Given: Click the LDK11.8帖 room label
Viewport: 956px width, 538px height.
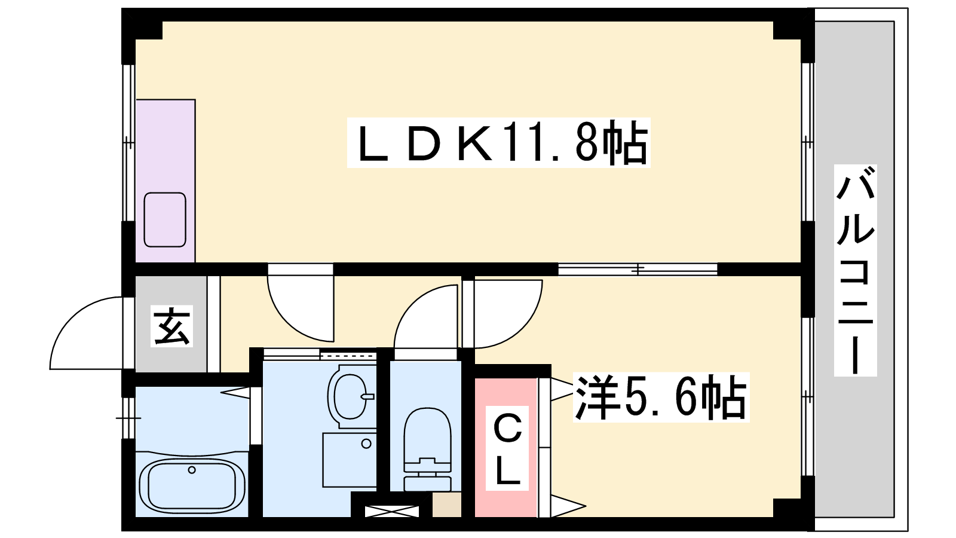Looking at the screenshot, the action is [498, 143].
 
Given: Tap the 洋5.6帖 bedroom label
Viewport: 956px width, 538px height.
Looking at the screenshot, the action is [661, 397].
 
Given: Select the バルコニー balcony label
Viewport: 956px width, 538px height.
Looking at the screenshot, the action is [855, 270].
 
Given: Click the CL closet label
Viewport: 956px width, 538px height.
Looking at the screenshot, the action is [507, 448].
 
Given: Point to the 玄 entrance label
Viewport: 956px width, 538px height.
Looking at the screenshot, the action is [171, 326].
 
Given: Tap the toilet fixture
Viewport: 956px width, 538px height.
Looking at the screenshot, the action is [427, 449].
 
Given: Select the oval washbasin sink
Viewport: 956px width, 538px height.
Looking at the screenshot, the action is [350, 396].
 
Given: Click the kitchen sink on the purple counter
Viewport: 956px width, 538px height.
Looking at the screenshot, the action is [165, 219].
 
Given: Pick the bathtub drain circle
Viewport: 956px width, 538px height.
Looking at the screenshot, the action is [192, 470].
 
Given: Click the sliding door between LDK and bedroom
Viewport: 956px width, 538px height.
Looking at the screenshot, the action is [638, 270].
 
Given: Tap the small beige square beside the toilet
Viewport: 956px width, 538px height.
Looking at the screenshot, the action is [446, 505].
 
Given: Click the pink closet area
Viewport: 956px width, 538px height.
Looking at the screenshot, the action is [506, 448].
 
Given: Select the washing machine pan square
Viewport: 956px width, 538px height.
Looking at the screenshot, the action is [349, 460].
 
